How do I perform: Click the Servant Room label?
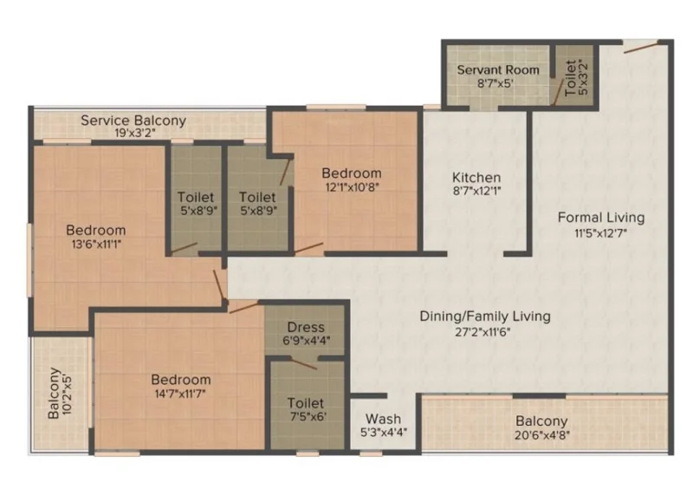(498, 70)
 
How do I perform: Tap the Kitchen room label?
(476, 178)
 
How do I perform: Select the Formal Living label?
(601, 218)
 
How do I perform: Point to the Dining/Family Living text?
(485, 317)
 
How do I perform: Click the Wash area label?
(383, 419)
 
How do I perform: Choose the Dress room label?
(306, 327)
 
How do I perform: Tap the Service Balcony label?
(133, 121)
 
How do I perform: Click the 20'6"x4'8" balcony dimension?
(542, 435)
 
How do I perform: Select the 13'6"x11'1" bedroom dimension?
(96, 244)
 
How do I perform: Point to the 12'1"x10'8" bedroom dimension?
(353, 187)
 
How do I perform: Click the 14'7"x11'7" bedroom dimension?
(180, 393)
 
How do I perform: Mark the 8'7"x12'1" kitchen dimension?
(477, 191)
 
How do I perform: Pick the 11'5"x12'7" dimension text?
(601, 232)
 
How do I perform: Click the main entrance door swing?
(641, 47)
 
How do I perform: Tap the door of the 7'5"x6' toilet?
(304, 364)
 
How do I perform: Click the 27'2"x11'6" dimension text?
(483, 332)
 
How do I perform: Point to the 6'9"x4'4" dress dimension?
(307, 341)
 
